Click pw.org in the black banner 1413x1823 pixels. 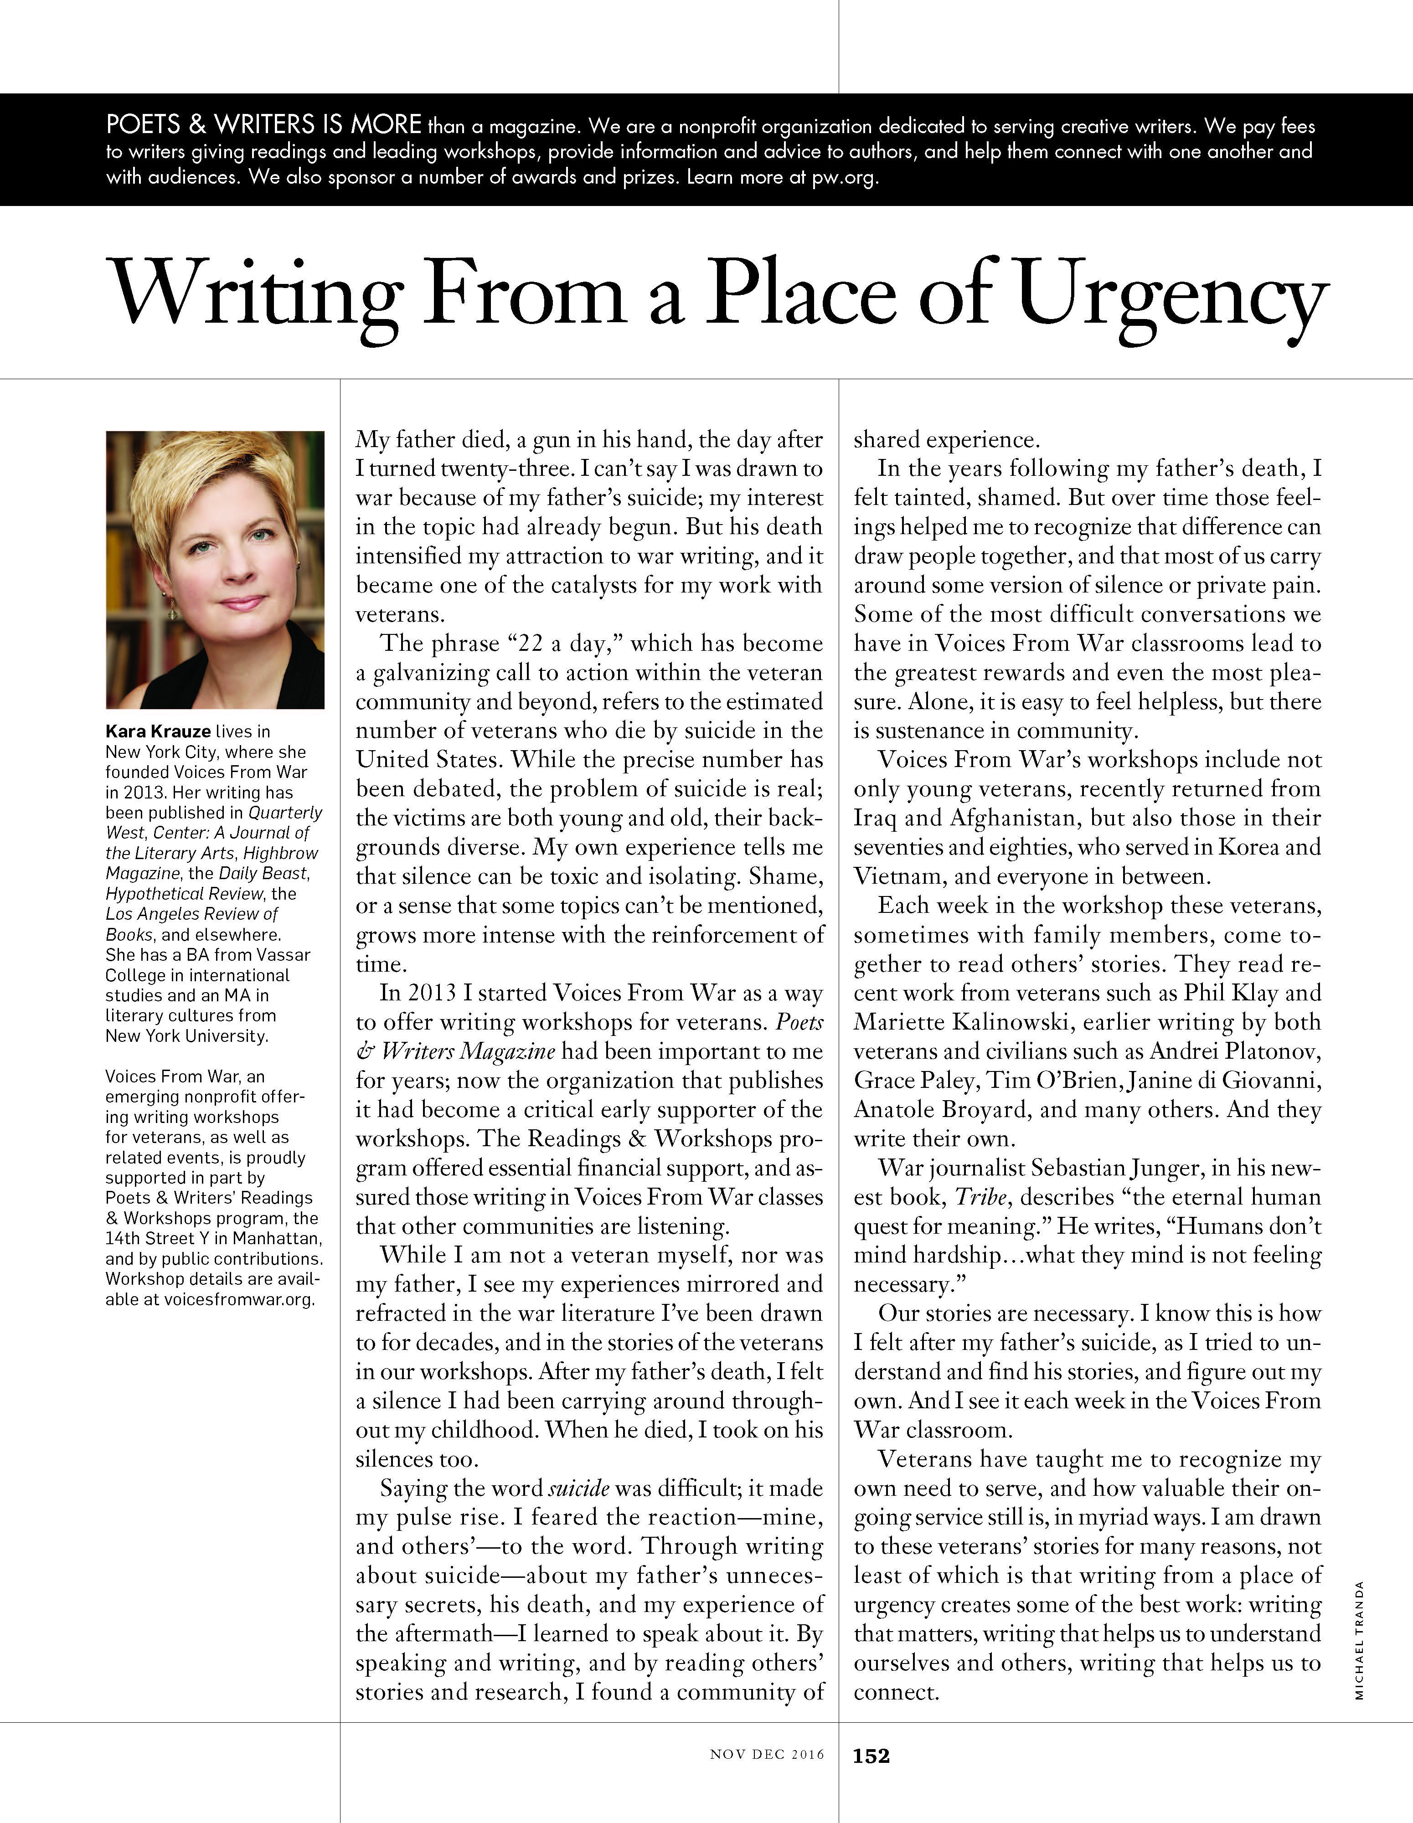(844, 178)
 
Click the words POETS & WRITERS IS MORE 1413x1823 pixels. (263, 126)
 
